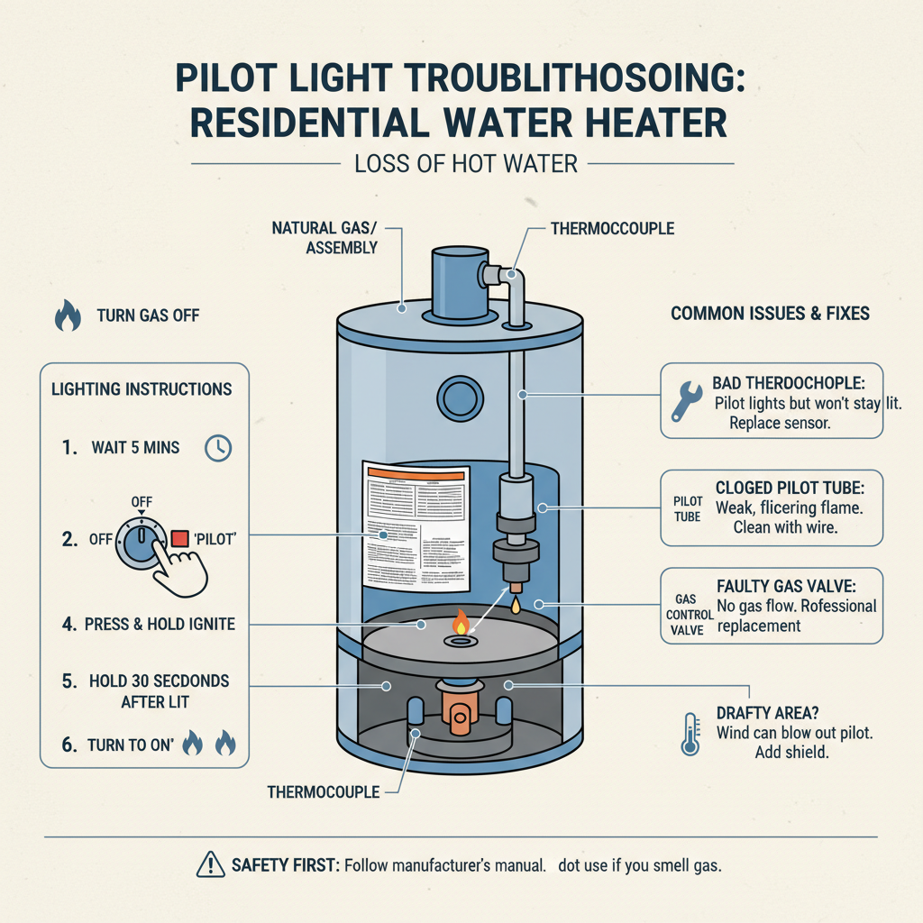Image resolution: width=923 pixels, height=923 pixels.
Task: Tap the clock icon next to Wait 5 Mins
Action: tap(218, 448)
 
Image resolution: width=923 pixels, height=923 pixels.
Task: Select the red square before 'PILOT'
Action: tap(178, 538)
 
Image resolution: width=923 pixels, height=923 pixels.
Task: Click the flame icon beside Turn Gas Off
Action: tap(68, 315)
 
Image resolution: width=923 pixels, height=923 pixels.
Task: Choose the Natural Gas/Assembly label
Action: tap(325, 238)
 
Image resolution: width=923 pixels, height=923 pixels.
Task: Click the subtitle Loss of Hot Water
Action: tap(462, 164)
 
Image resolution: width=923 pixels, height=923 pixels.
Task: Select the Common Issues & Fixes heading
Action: tap(770, 314)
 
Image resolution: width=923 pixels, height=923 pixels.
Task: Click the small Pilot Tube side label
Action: tap(687, 507)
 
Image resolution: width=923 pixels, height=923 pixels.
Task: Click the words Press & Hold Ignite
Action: tap(160, 624)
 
